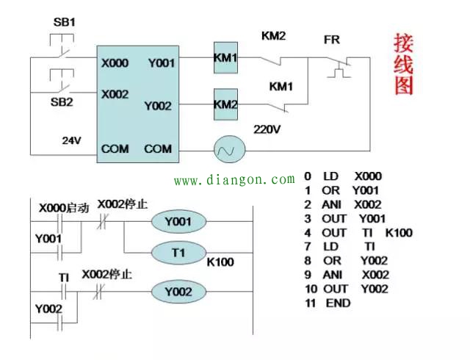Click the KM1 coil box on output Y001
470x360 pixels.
tap(225, 58)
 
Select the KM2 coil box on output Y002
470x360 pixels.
tap(225, 105)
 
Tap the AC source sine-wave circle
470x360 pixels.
tap(225, 150)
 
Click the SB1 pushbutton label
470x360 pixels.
tap(64, 22)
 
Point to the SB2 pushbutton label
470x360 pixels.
tap(62, 102)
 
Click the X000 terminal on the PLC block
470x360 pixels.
tap(115, 63)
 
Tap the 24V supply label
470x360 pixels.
tap(72, 139)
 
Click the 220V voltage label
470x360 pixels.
tap(267, 129)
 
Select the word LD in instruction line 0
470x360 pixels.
tap(331, 176)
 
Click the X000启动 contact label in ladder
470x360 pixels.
tap(64, 208)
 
